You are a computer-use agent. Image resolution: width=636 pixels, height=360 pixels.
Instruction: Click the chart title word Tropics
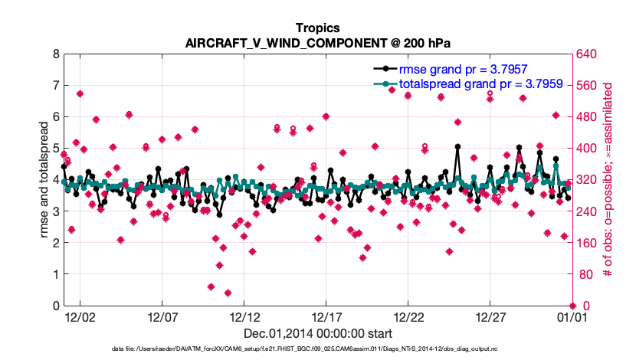[x=317, y=28]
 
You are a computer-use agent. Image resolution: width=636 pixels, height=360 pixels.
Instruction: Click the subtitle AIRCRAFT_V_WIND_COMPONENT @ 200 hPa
[x=317, y=43]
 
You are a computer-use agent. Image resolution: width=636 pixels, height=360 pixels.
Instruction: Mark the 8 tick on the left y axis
[x=54, y=54]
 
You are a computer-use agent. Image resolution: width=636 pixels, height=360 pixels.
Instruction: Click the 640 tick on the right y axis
[x=586, y=54]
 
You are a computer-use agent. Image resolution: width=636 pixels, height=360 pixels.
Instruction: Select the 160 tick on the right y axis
[x=586, y=243]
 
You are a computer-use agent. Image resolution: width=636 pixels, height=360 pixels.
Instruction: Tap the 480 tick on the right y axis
[x=586, y=117]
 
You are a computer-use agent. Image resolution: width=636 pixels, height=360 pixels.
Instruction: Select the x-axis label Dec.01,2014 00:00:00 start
[x=317, y=334]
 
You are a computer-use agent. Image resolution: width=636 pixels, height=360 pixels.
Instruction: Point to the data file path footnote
[x=317, y=350]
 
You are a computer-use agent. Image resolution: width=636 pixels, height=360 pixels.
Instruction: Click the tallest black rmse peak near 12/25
[x=457, y=146]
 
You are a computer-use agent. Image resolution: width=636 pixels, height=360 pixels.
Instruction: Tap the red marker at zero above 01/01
[x=572, y=306]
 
